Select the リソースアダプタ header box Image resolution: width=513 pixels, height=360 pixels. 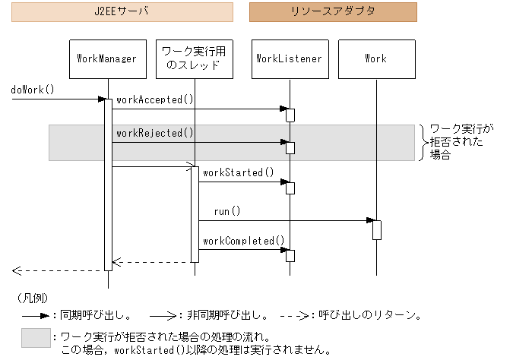click(x=333, y=12)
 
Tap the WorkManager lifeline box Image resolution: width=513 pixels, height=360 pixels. click(x=107, y=58)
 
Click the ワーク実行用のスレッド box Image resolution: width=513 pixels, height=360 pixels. click(x=194, y=58)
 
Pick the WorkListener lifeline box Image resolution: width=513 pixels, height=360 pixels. click(x=290, y=58)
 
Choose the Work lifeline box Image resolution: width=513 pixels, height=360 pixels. click(x=375, y=58)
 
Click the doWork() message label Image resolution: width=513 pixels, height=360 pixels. click(x=33, y=89)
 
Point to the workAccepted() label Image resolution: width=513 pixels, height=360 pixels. click(x=155, y=99)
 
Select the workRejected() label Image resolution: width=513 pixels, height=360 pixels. click(x=155, y=133)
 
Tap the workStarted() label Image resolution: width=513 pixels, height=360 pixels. click(x=238, y=173)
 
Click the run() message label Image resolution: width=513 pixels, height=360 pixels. click(x=226, y=211)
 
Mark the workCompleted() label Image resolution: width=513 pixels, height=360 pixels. click(x=243, y=241)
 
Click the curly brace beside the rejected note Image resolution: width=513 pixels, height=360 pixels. click(x=423, y=142)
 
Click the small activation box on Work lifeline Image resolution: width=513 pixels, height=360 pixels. click(x=376, y=229)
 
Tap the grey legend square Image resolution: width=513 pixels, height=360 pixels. click(x=36, y=338)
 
